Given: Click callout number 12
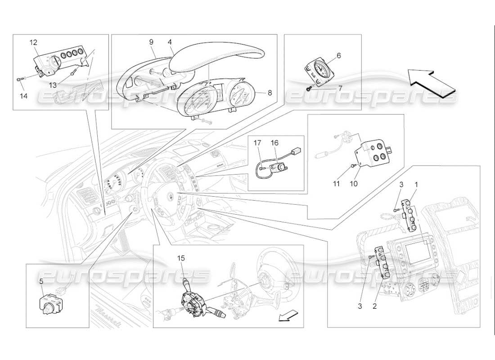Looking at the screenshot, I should click(x=34, y=42).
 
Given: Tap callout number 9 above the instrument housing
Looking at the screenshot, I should click(x=151, y=42).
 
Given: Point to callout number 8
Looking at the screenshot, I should click(x=270, y=93).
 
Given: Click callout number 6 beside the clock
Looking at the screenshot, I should click(x=338, y=55).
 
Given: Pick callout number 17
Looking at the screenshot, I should click(x=257, y=143).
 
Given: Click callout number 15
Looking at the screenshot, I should click(x=181, y=258).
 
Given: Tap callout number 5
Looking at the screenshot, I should click(x=41, y=281).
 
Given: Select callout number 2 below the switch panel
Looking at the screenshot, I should click(x=374, y=306).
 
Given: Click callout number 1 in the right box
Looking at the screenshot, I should click(x=416, y=184).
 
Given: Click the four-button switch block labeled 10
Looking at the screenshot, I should click(x=376, y=151).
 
